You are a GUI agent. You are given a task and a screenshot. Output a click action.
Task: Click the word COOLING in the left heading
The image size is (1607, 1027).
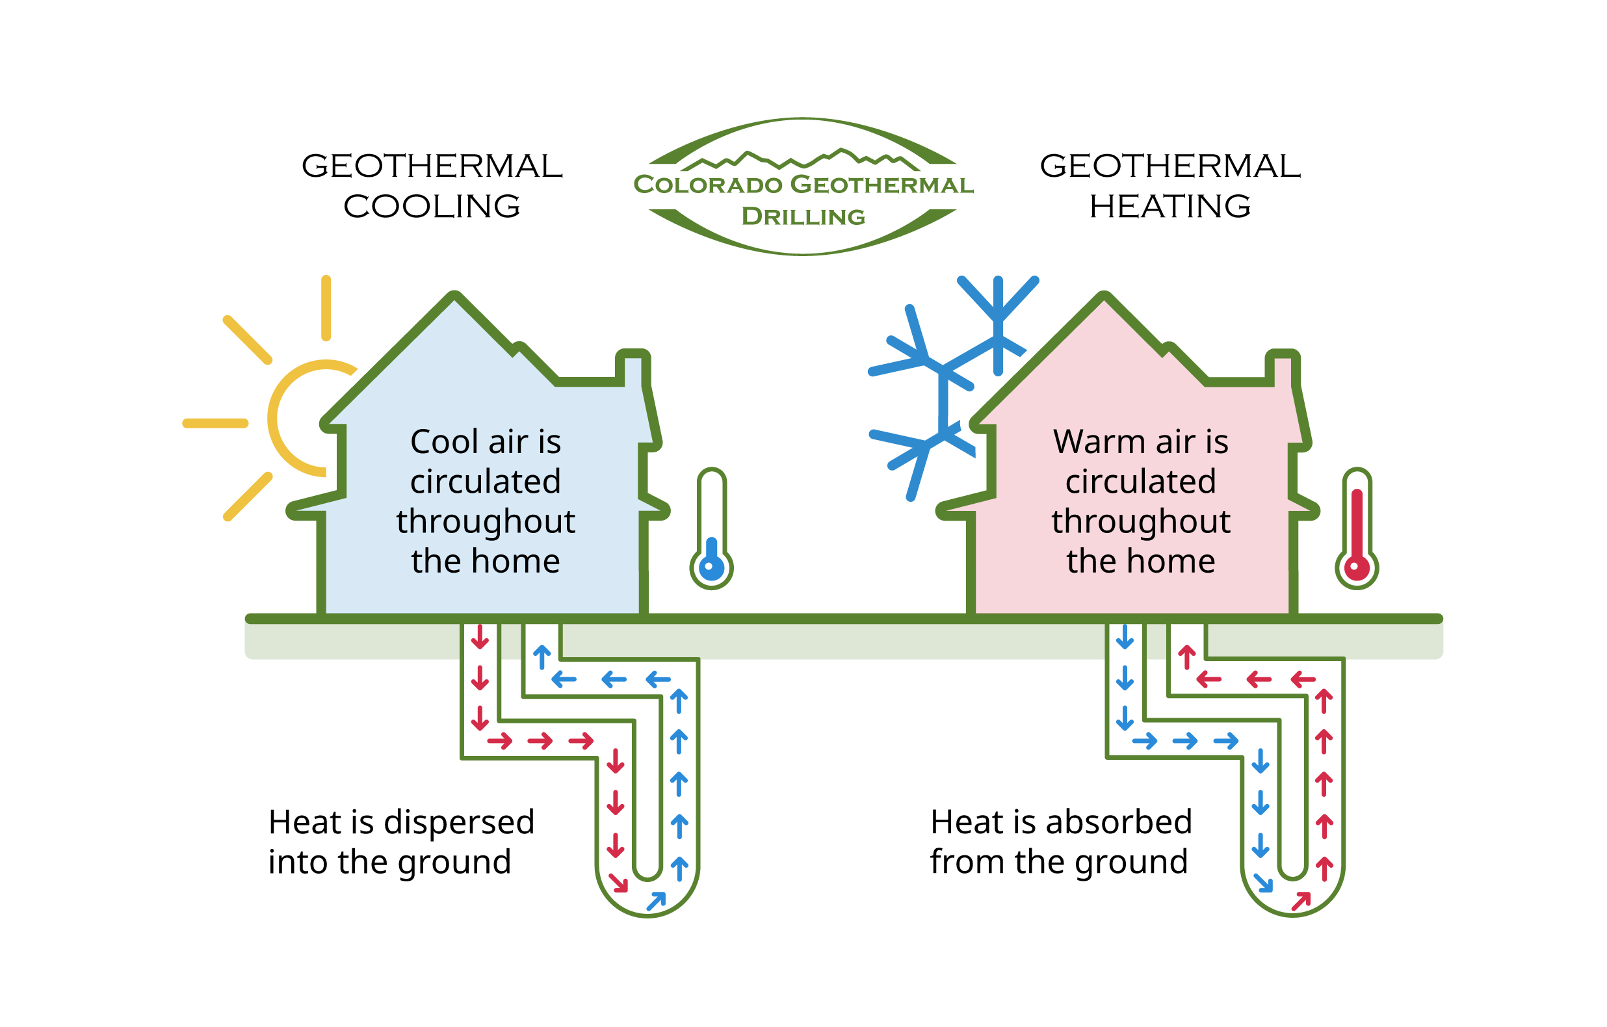[432, 206]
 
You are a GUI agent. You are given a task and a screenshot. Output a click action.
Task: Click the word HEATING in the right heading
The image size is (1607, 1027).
[1170, 206]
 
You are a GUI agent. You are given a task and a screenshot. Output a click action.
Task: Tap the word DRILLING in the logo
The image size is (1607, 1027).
[803, 217]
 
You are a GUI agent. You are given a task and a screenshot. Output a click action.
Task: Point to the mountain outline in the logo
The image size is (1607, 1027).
[801, 159]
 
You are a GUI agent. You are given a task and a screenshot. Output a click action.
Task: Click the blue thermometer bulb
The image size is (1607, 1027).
[711, 569]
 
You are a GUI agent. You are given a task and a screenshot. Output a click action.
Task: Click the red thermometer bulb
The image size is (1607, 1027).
[1357, 569]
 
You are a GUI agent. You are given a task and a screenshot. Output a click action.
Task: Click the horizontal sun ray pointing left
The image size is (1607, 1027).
[215, 423]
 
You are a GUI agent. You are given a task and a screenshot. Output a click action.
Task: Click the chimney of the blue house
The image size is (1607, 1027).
[633, 367]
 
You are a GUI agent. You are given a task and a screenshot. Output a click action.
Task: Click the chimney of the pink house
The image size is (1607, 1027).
[1282, 367]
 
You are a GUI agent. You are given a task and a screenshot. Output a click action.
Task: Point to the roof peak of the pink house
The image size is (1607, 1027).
[1104, 298]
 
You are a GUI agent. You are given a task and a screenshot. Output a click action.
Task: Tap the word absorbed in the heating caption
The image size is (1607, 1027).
[1119, 822]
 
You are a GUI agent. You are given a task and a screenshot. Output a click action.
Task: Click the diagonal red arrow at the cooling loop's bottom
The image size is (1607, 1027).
[619, 883]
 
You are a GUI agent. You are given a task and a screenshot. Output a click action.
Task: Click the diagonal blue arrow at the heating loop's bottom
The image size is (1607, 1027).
[1263, 883]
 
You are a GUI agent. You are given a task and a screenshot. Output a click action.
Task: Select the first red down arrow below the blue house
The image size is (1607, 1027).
[480, 638]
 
